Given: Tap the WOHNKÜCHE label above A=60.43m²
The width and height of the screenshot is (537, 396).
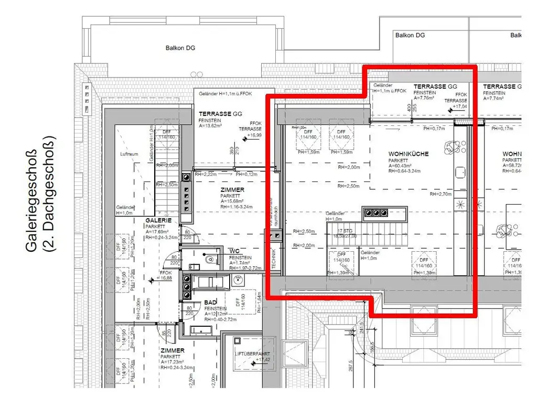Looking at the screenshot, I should pos(409,154).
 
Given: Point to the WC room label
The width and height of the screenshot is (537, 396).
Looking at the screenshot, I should pos(234,251).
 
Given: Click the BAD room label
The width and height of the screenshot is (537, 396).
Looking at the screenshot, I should pos(211,303).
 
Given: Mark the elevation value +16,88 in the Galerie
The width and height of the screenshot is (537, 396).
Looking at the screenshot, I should pos(166,279).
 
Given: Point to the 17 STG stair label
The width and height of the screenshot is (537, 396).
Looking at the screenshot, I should pos(345,230).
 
